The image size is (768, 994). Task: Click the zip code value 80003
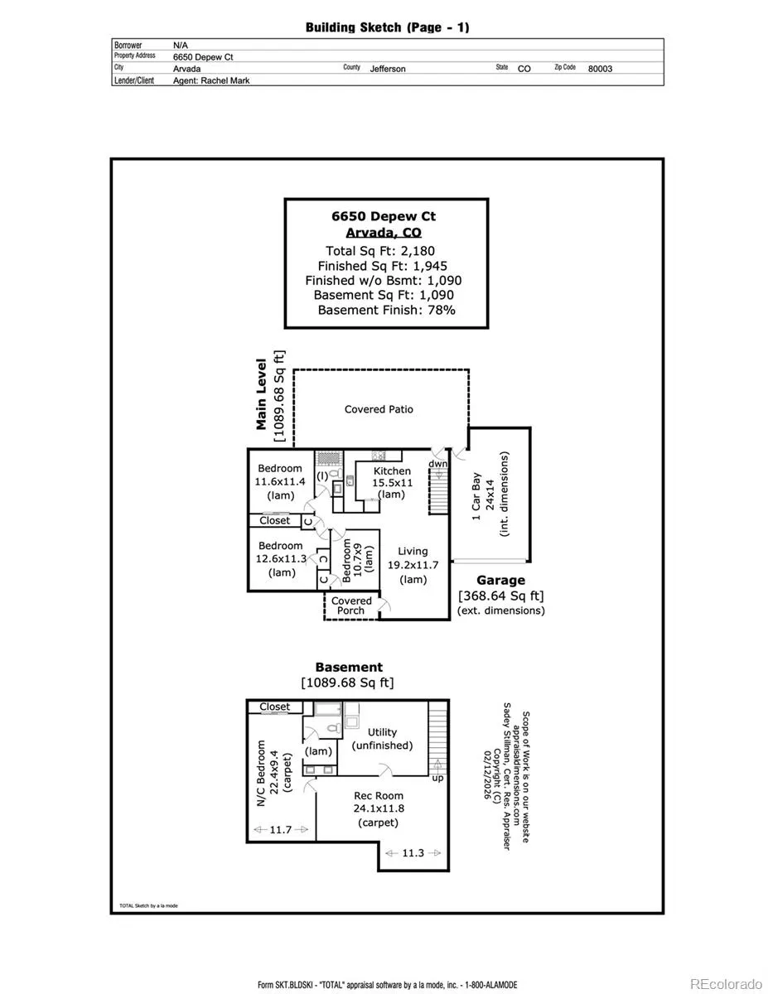pos(600,69)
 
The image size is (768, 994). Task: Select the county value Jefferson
pos(388,69)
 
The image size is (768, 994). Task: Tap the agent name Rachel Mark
pos(211,80)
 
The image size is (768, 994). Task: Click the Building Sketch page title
pos(387,27)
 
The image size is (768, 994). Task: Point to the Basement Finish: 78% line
pos(386,310)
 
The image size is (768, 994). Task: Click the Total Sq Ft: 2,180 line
pos(380,250)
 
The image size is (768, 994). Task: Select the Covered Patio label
pos(379,409)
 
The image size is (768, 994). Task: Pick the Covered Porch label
pos(351,606)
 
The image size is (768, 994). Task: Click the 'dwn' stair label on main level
pos(437,465)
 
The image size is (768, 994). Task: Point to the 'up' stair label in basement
pos(437,778)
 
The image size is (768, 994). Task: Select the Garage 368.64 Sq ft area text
pos(500,596)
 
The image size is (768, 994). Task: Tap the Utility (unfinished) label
pos(382,739)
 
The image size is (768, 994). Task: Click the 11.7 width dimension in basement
pos(281,829)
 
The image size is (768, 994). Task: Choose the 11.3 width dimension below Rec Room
pos(412,853)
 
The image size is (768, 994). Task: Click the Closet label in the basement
pos(274,707)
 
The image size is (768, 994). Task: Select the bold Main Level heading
pos(262,393)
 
